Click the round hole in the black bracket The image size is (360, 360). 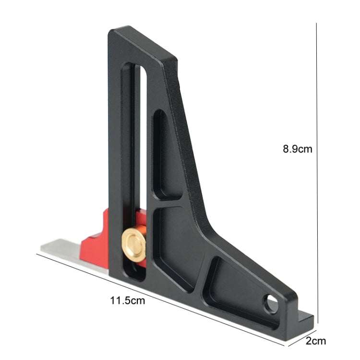tap(272, 304)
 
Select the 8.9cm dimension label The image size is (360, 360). tap(297, 149)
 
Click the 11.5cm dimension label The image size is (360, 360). tap(127, 301)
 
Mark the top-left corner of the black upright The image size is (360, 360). tap(112, 32)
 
